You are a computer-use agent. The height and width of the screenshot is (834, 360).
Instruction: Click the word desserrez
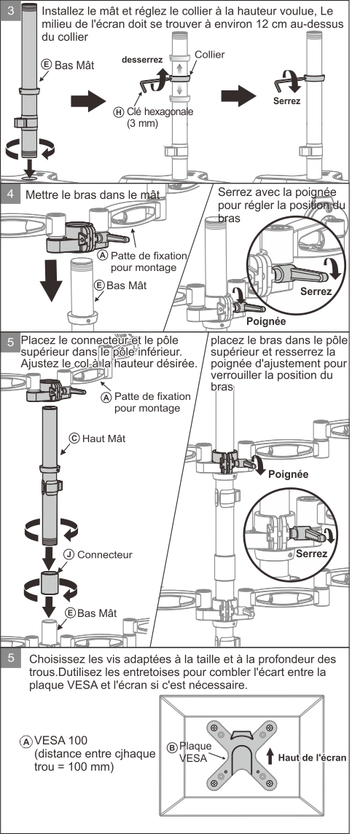tap(142, 60)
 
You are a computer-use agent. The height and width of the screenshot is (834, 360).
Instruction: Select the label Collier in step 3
tap(209, 54)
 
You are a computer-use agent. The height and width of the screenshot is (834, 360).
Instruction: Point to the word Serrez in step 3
tap(286, 101)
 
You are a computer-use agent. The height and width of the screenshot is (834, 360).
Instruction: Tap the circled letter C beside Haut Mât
tap(75, 438)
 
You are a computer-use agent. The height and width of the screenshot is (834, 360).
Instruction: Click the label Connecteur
tap(105, 554)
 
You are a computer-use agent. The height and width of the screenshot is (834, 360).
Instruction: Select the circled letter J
tap(69, 554)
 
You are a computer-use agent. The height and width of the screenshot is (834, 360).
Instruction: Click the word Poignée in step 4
tap(266, 321)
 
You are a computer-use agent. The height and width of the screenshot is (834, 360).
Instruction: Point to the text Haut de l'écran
tap(312, 758)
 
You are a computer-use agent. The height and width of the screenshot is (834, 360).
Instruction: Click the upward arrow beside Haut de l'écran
tap(270, 756)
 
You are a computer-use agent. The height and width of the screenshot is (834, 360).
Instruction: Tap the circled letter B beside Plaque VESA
tap(172, 747)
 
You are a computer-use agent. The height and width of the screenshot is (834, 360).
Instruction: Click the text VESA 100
tap(61, 740)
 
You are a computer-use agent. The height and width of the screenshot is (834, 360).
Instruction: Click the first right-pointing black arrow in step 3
tap(88, 101)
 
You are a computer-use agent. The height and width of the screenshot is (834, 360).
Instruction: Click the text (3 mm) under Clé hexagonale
tap(143, 123)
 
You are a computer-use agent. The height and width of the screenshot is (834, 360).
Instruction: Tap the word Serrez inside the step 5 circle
tap(312, 553)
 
